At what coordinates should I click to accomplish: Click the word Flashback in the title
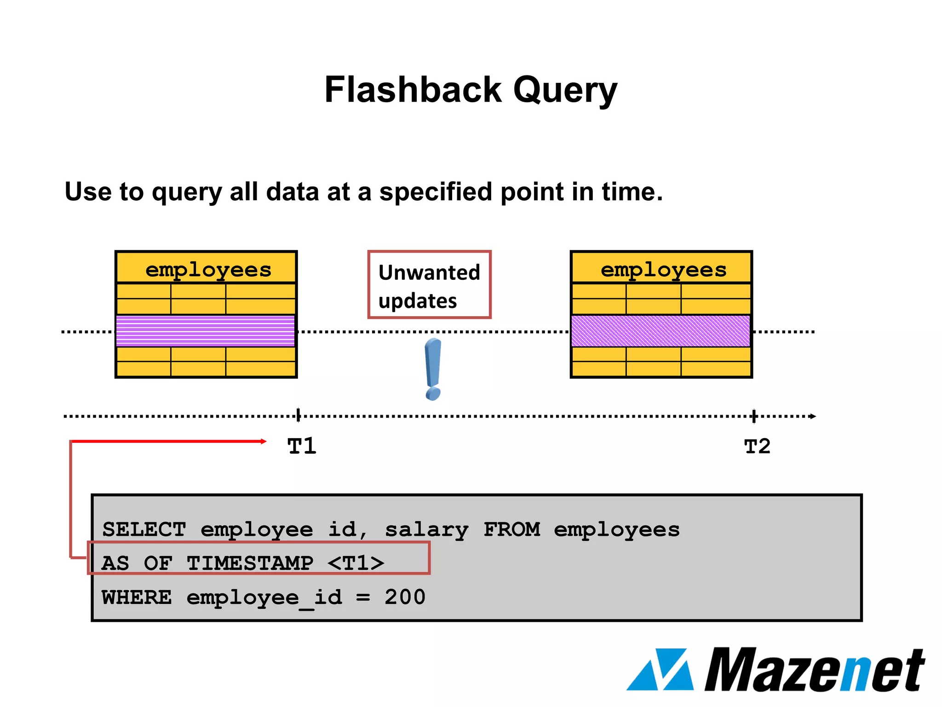pos(413,90)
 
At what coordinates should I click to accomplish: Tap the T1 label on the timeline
pos(302,446)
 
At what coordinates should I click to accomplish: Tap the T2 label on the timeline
pos(757,446)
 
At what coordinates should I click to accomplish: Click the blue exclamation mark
pos(433,368)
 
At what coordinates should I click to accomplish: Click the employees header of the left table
pos(208,269)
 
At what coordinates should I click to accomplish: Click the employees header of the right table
pos(663,269)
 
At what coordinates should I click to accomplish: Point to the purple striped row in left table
pos(206,331)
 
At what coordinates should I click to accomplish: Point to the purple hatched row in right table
pos(661,331)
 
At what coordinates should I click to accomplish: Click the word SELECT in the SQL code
pos(144,529)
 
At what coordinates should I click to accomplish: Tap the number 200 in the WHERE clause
pos(405,597)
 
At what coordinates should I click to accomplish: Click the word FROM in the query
pos(511,529)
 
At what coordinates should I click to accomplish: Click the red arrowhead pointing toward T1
pos(263,441)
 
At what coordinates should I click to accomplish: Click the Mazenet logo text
pos(814,670)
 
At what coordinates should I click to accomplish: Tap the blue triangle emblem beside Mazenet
pos(660,670)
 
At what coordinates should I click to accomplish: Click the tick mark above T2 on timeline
pos(754,416)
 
